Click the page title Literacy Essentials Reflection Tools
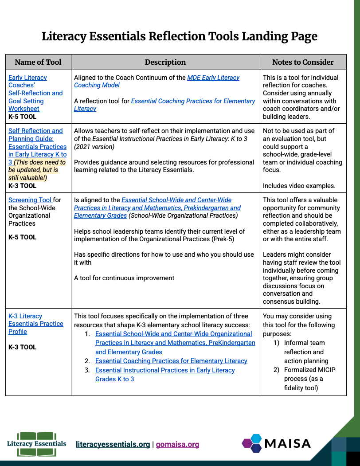click(x=180, y=36)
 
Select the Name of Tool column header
click(x=38, y=62)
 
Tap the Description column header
click(x=165, y=62)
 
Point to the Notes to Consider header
click(x=303, y=62)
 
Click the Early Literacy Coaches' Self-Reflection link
click(x=35, y=93)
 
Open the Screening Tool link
click(x=30, y=200)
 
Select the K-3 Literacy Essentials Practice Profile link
click(x=35, y=324)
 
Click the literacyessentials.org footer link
click(x=113, y=444)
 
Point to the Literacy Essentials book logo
click(x=36, y=443)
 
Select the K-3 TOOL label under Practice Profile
click(x=22, y=347)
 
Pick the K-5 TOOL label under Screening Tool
click(x=22, y=237)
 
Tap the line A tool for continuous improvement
click(x=124, y=278)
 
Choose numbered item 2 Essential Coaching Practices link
click(x=171, y=361)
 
